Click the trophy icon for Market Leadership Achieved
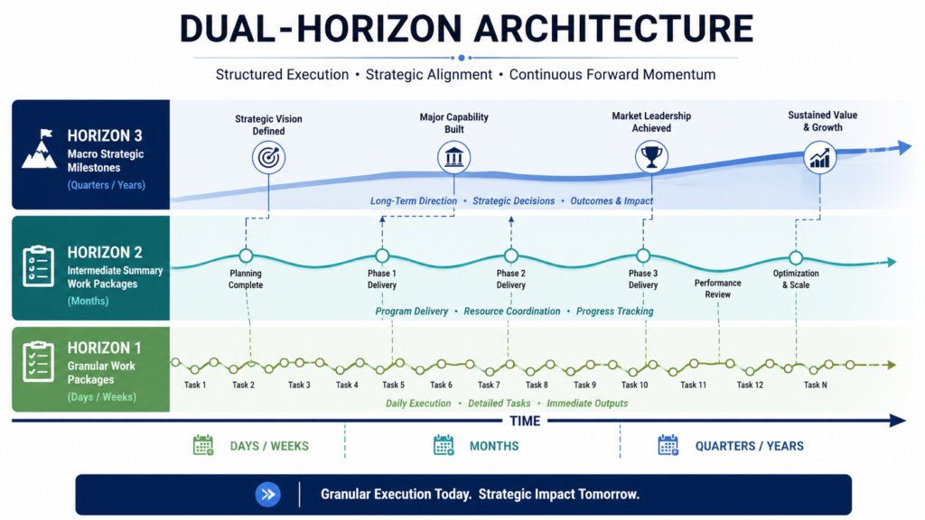click(651, 157)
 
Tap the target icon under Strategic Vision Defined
click(268, 157)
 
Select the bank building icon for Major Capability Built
click(453, 157)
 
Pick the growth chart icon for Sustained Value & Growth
click(819, 157)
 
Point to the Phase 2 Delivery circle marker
click(511, 255)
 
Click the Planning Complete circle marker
click(246, 255)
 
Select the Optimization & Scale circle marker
click(796, 257)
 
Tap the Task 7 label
click(489, 385)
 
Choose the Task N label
click(816, 385)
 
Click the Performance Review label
click(717, 289)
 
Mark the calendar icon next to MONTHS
click(444, 445)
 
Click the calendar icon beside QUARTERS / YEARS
click(668, 445)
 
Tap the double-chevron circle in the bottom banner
click(267, 494)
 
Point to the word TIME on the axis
click(525, 421)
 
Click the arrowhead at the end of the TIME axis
click(898, 421)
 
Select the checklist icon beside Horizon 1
click(38, 361)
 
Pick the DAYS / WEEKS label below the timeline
click(269, 446)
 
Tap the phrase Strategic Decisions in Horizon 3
click(513, 201)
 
